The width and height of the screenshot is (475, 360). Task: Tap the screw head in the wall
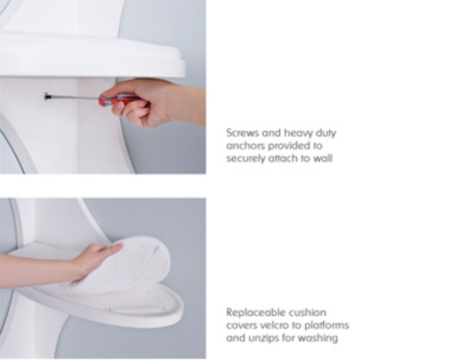(x=47, y=96)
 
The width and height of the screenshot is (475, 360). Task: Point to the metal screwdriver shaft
(x=74, y=97)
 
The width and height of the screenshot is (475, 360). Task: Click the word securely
(x=245, y=159)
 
